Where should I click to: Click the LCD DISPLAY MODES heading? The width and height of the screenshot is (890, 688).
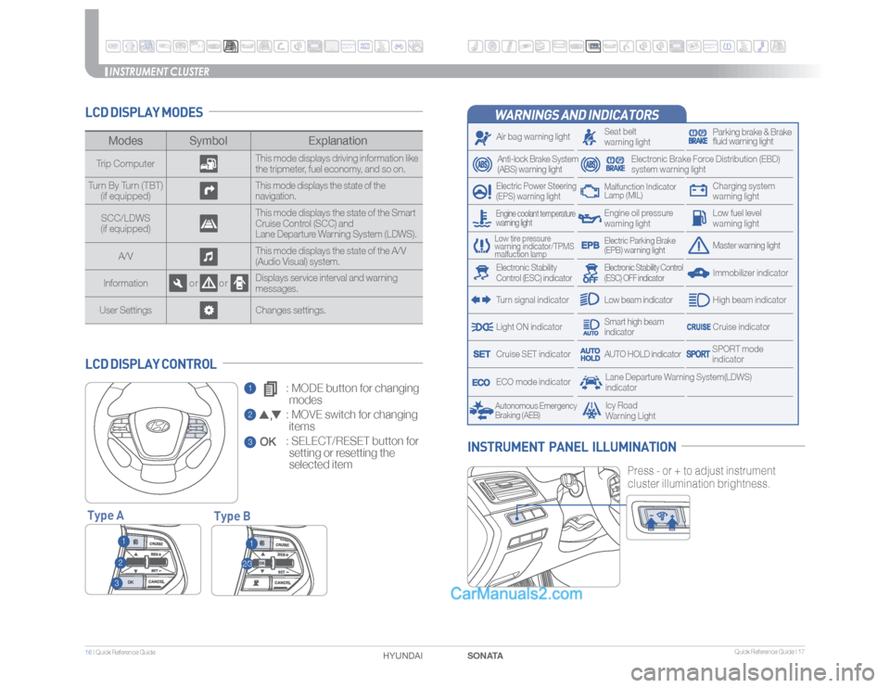[144, 113]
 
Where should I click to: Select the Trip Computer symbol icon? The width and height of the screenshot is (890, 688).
[208, 164]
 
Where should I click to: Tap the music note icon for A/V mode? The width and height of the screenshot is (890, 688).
[208, 255]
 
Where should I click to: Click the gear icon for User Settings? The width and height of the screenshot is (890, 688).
[208, 310]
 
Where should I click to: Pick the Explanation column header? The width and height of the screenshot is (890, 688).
[337, 141]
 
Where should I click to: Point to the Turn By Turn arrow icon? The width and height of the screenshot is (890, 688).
[208, 192]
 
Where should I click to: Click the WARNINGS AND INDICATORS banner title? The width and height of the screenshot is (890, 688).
[578, 115]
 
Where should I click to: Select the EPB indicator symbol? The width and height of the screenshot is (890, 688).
[590, 246]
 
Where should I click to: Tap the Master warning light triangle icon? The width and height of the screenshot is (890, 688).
[698, 246]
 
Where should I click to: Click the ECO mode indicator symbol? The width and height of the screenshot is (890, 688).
[480, 382]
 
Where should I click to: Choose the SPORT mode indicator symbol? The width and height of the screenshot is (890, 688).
[698, 354]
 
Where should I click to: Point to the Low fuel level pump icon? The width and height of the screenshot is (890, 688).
[698, 219]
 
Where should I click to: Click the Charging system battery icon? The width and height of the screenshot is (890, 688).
[698, 192]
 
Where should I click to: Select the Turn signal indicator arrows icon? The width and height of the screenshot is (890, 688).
[480, 300]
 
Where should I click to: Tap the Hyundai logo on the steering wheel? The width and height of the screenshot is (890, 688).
[159, 427]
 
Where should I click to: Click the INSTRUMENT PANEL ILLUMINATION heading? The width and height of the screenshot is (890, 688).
[572, 448]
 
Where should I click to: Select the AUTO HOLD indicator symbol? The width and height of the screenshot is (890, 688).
[590, 354]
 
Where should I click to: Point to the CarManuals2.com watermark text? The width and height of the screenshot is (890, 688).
[515, 594]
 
